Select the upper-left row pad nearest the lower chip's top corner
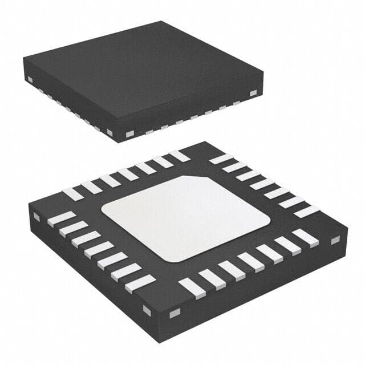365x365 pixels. pos(179,156)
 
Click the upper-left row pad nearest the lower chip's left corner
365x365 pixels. pos(72,194)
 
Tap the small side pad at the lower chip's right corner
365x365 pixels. pos(335,240)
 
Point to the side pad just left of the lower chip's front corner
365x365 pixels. pos(147,310)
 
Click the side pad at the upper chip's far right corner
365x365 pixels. pos(253,92)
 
